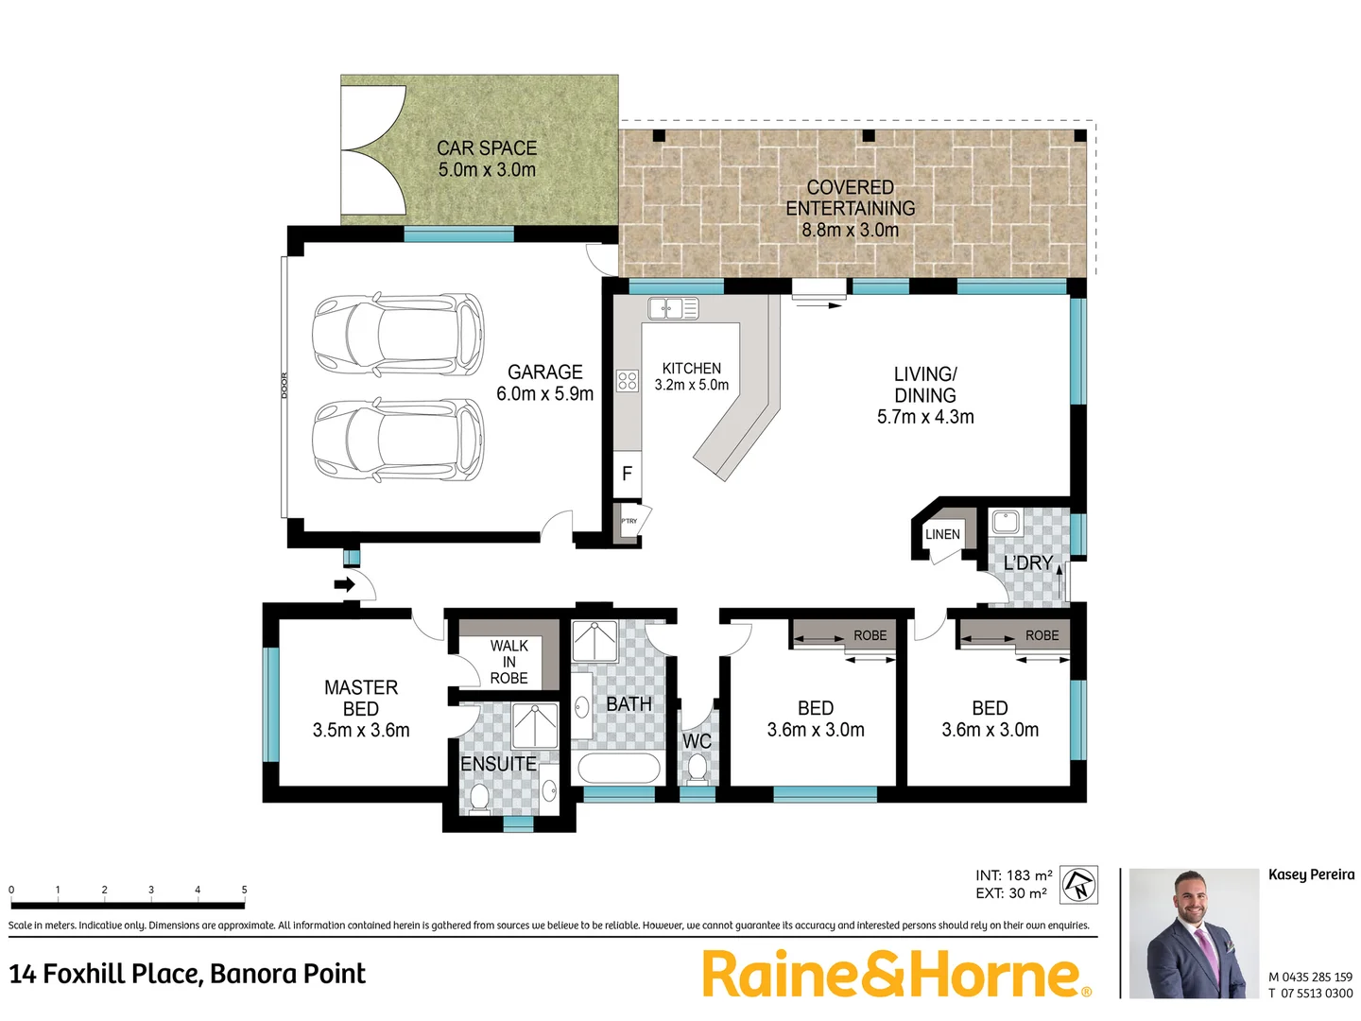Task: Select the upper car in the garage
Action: (x=398, y=333)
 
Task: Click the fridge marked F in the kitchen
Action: (x=627, y=475)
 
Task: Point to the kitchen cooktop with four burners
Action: (x=628, y=381)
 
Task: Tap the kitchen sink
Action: (x=673, y=308)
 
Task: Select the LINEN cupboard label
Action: (x=942, y=534)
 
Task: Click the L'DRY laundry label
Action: (x=1027, y=563)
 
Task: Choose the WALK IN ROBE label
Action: (x=508, y=662)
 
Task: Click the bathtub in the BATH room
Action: (x=617, y=769)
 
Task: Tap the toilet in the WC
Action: (x=698, y=768)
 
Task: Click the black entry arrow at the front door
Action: (x=345, y=584)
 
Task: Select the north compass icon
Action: (x=1078, y=885)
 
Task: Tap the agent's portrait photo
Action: (x=1194, y=933)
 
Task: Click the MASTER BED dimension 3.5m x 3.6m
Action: (x=361, y=730)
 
